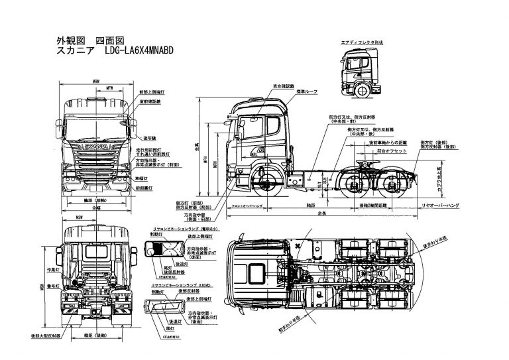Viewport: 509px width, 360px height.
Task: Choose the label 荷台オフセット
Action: [385, 150]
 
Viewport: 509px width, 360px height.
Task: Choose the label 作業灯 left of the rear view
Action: [45, 270]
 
